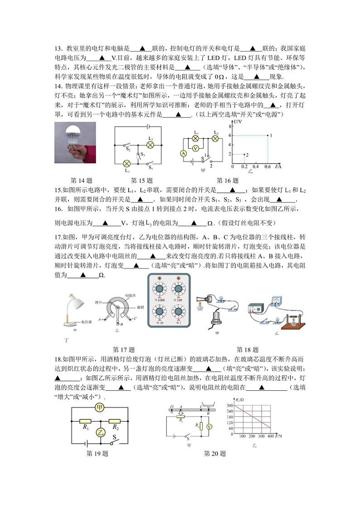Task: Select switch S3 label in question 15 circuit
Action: pyautogui.click(x=142, y=155)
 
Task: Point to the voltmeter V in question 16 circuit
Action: pyautogui.click(x=195, y=148)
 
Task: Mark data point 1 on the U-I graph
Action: pyautogui.click(x=267, y=136)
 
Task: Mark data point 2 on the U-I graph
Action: pyautogui.click(x=243, y=155)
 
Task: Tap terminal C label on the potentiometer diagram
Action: pyautogui.click(x=135, y=319)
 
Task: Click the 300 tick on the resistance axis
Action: pyautogui.click(x=230, y=405)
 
